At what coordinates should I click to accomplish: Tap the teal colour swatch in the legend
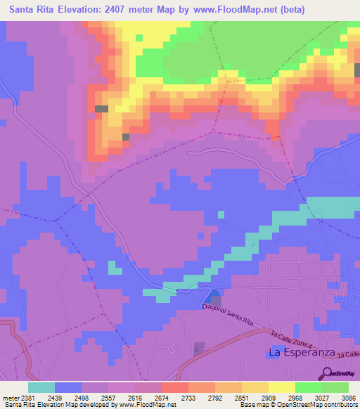click(x=41, y=387)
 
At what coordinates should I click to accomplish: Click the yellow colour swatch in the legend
click(x=281, y=387)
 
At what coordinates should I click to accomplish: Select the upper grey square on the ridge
click(x=101, y=109)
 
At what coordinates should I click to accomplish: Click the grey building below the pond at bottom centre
click(x=200, y=348)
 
